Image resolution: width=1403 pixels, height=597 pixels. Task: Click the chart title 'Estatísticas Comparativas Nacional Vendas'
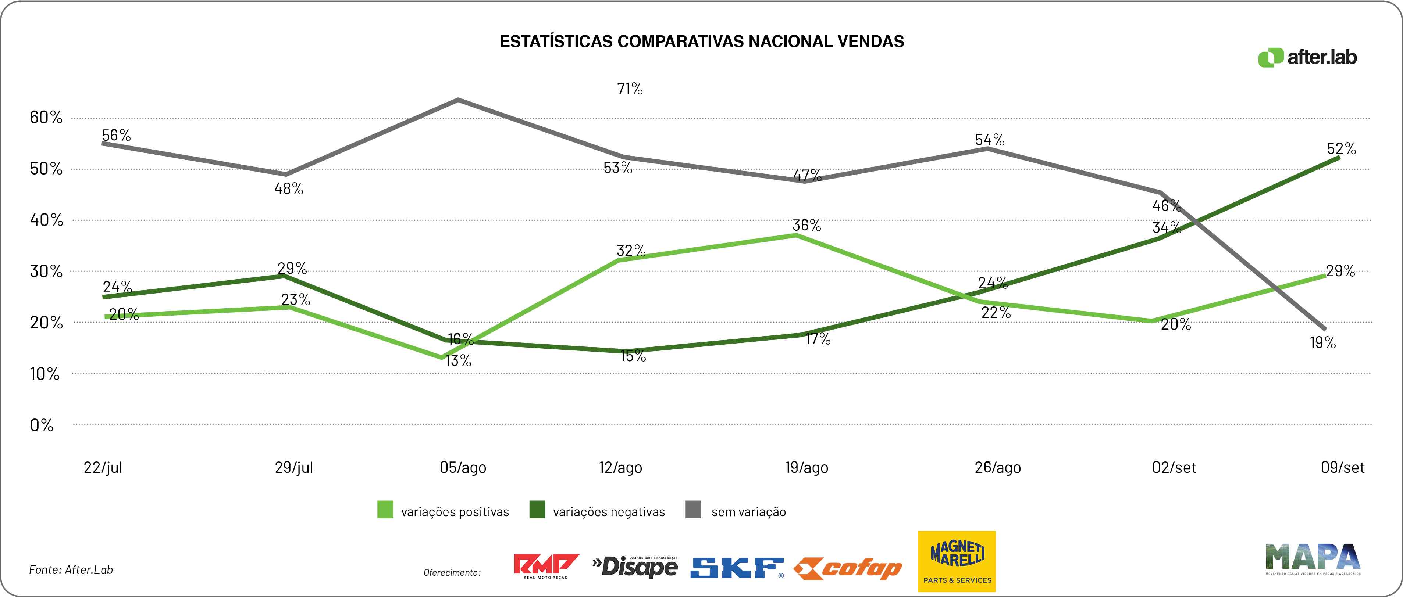(702, 42)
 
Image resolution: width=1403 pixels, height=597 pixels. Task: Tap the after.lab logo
(1307, 57)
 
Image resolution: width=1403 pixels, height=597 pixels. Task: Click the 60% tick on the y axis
(46, 117)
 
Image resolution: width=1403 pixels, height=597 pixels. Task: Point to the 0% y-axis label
(42, 425)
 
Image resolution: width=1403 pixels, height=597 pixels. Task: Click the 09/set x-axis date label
(1343, 467)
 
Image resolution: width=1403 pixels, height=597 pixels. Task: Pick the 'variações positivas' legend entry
(444, 511)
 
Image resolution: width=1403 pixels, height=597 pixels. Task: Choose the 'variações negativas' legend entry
(598, 511)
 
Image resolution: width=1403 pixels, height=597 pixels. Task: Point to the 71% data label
(630, 89)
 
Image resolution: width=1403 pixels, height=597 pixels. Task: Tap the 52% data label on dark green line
(1341, 148)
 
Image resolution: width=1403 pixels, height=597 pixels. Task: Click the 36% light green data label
(806, 225)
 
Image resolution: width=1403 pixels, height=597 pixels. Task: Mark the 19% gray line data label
(1322, 343)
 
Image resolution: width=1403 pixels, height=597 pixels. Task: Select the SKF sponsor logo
(737, 568)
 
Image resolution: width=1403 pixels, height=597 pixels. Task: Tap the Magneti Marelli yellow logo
(957, 561)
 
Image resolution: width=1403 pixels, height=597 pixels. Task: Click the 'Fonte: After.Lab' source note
(71, 570)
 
